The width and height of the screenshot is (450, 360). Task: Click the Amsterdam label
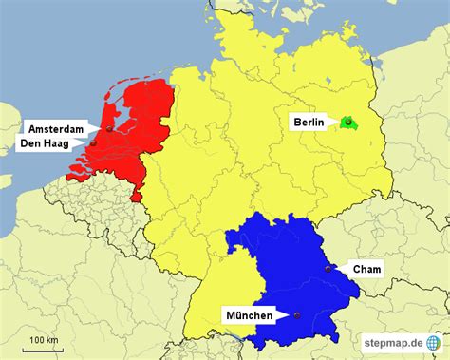pos(57,128)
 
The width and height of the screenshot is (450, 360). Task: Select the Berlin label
pos(308,122)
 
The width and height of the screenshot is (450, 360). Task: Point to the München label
pos(249,315)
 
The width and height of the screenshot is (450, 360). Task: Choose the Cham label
pos(366,270)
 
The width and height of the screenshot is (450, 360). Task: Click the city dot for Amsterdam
pos(110,128)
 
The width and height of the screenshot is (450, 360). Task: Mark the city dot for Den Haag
pos(93,144)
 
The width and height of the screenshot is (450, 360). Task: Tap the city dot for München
pos(297,315)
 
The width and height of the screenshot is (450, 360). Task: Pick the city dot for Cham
pos(328,269)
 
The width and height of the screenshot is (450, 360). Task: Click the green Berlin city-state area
pos(348,122)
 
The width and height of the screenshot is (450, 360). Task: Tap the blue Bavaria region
pos(285,266)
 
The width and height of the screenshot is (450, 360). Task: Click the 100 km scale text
pos(44,339)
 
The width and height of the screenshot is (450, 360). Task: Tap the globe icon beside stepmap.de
pos(433,342)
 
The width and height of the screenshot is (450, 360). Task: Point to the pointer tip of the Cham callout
pos(333,269)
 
